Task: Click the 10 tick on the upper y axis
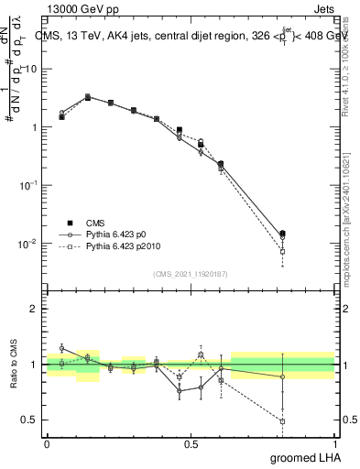[x=31, y=70]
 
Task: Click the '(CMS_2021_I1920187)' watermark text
[x=190, y=274]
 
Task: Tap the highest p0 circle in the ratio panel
[x=61, y=348]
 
